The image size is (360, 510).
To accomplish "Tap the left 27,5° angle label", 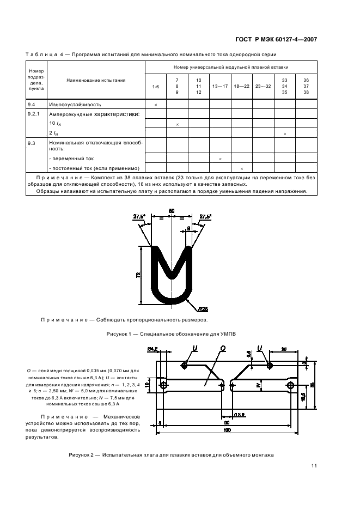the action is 139,216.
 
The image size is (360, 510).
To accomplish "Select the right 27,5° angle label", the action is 205,216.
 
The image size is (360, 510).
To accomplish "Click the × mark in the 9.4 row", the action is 156,105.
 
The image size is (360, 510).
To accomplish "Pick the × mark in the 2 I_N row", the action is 285,133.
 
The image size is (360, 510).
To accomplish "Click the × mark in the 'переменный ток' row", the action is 220,159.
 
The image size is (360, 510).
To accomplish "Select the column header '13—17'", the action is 220,87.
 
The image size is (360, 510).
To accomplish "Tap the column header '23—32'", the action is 263,87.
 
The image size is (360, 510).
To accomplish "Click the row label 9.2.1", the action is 34,114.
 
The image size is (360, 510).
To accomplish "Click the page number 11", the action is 315,466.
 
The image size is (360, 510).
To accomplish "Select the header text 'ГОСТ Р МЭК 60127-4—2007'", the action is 276,39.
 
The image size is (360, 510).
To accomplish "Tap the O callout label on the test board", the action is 223,348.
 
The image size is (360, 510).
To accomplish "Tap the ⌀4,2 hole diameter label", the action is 152,349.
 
